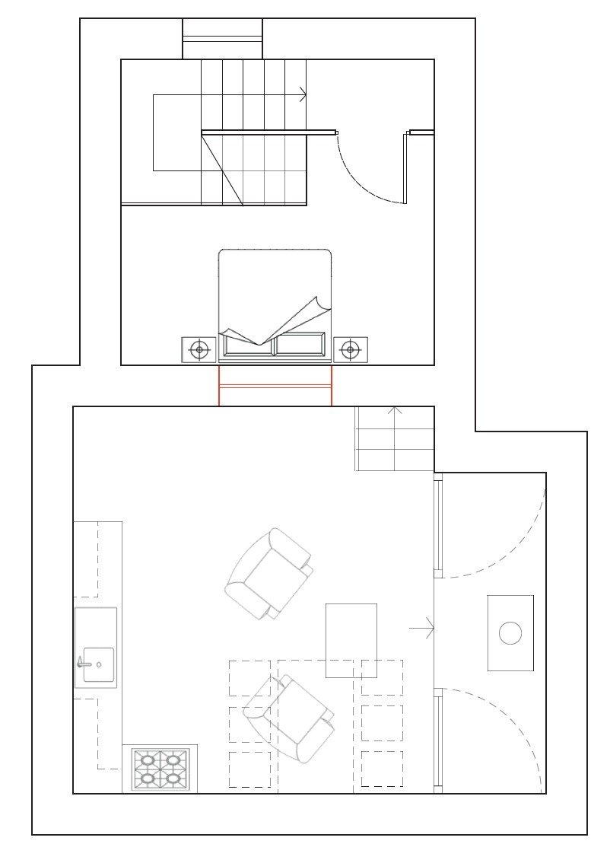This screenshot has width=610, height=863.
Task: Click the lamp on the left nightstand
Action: coord(199,350)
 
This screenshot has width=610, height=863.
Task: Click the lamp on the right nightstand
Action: coord(350,350)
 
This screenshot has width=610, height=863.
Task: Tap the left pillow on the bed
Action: coord(246,345)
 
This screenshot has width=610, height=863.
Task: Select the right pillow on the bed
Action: coord(300,345)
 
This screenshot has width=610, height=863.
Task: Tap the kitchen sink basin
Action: coord(99,664)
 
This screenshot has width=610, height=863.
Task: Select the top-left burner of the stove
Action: coord(148,760)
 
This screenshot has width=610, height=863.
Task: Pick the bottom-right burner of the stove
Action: coord(173,779)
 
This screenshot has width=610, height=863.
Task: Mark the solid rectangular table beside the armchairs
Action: coord(351,640)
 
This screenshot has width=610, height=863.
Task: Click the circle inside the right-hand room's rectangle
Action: coord(510,632)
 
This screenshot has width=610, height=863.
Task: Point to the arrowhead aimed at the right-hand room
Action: coord(430,629)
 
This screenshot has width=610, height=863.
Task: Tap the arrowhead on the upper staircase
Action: coord(303,95)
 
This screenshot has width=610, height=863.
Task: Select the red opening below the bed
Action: coord(275,386)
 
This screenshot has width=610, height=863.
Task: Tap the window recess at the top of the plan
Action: coord(222,38)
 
